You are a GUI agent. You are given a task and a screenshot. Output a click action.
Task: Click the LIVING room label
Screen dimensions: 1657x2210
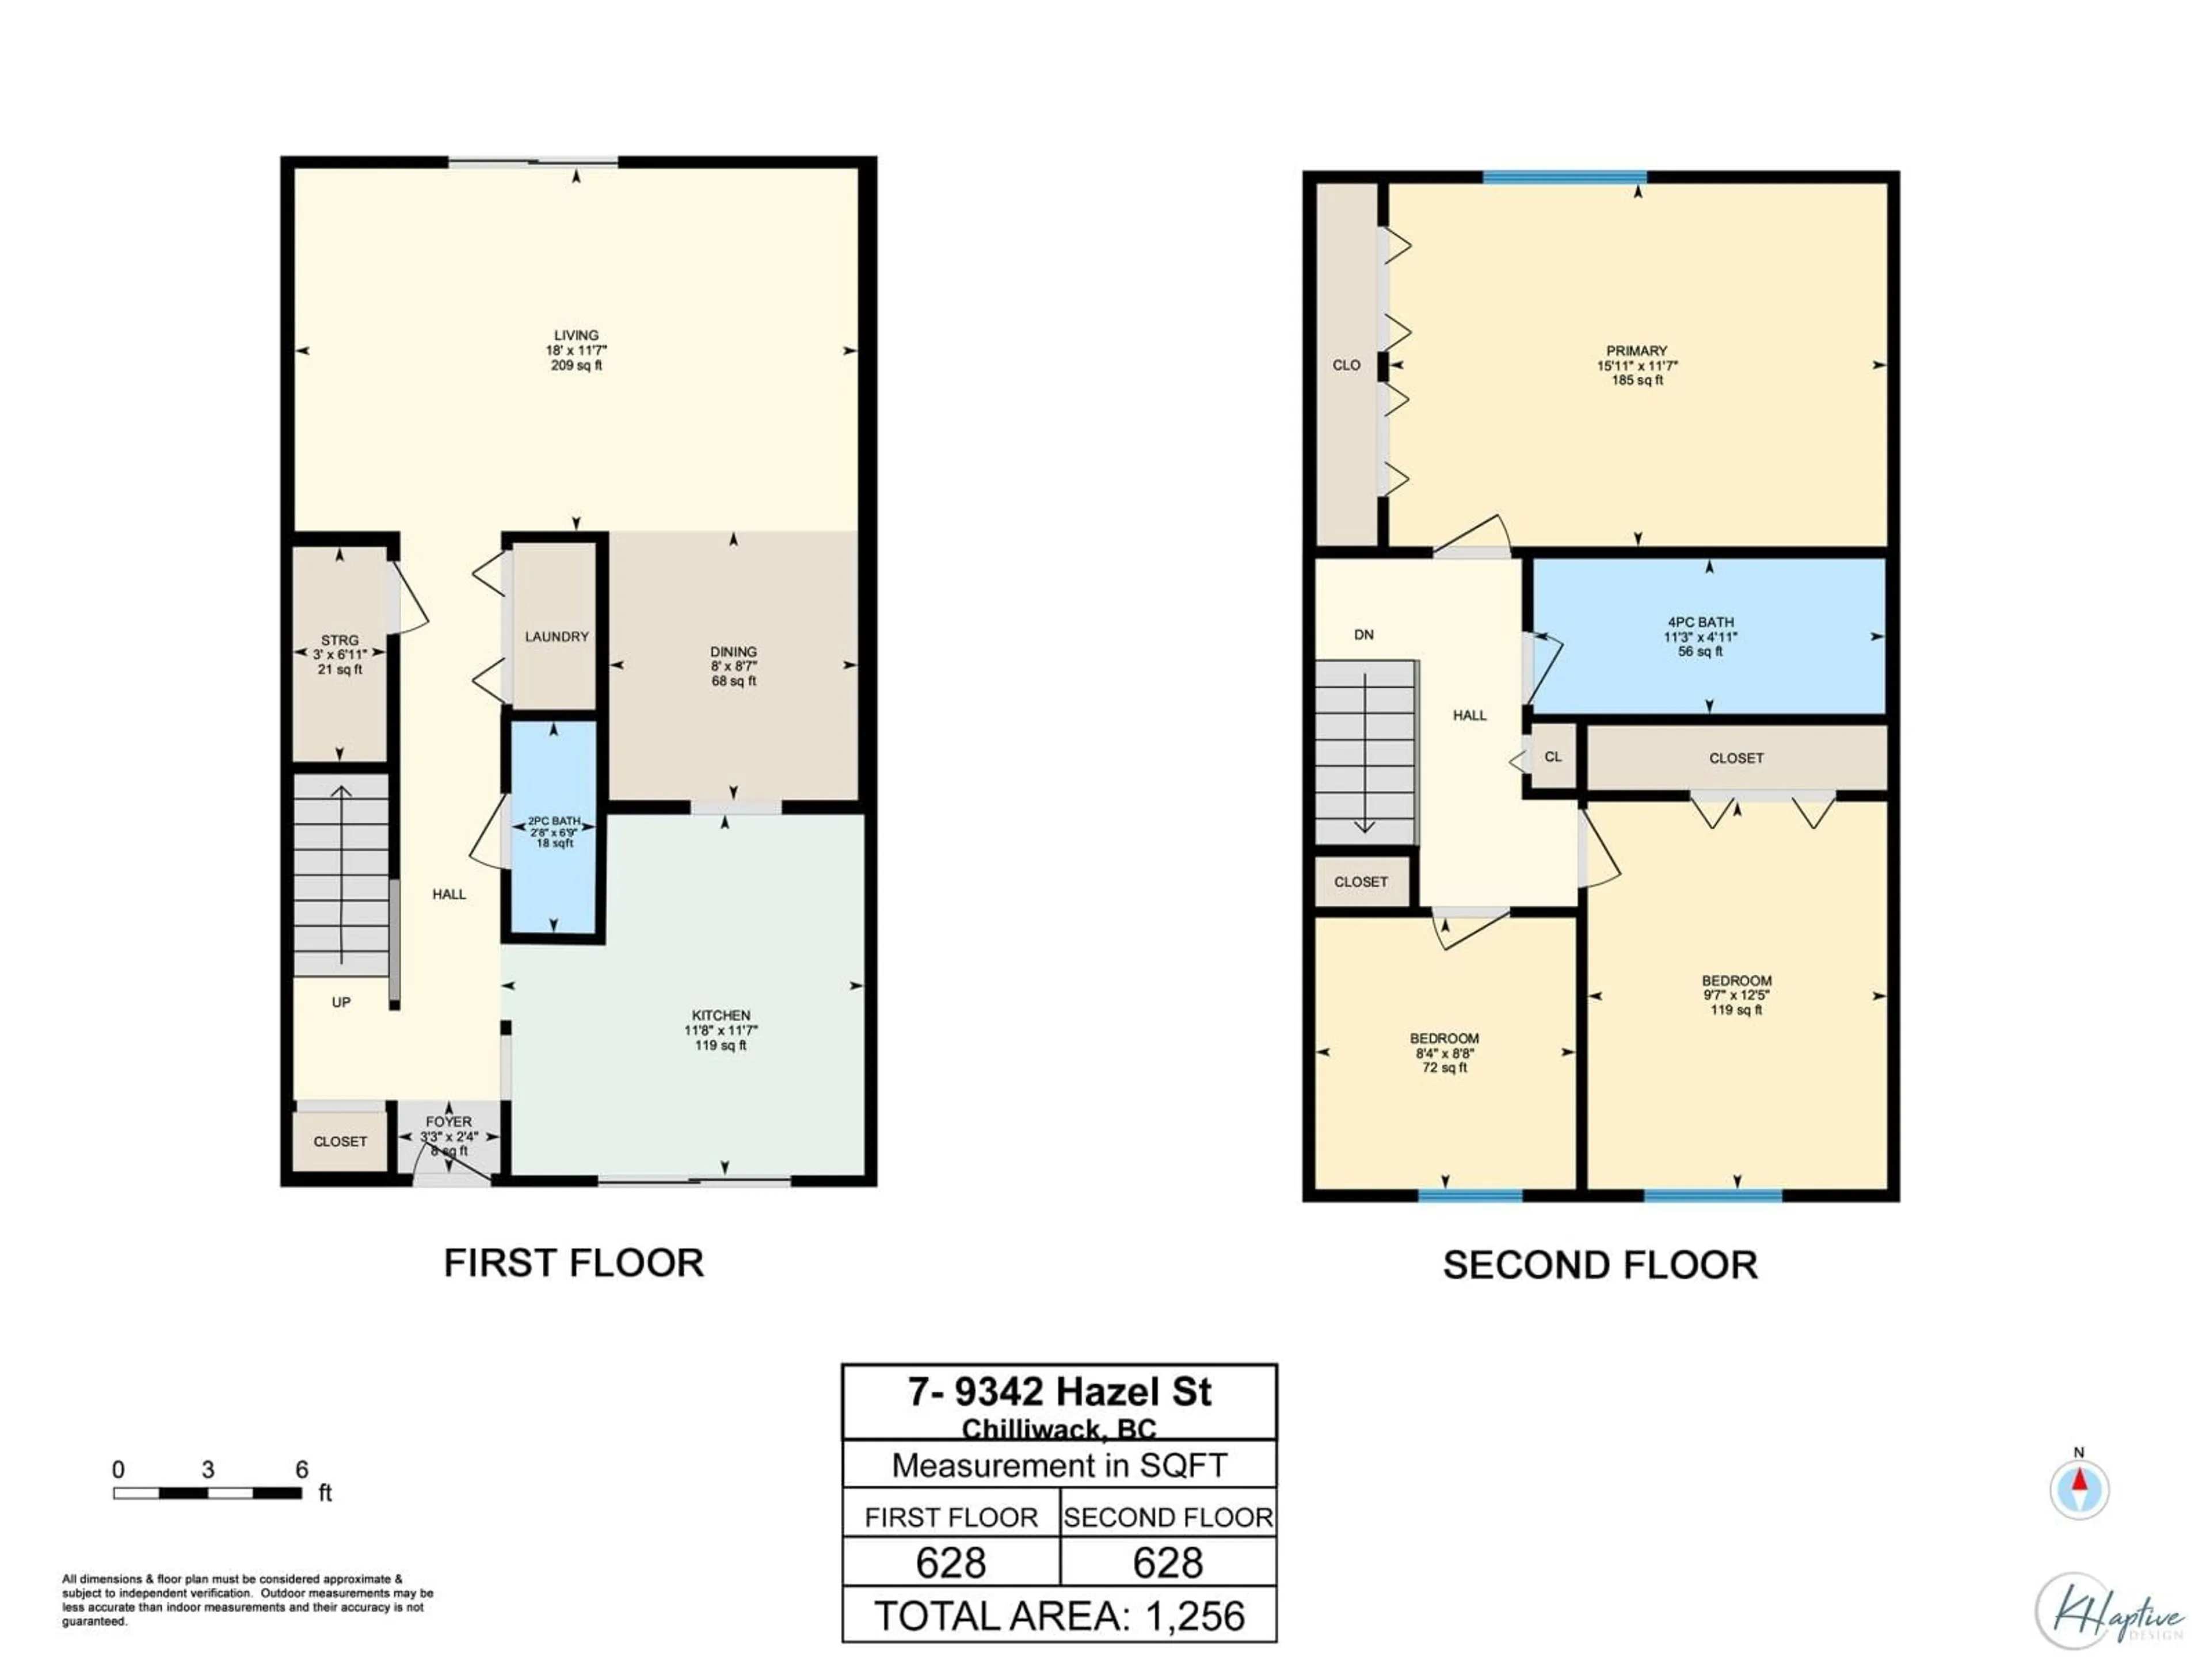pos(577,335)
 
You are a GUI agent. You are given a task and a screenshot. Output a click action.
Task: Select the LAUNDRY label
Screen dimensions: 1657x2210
pos(557,636)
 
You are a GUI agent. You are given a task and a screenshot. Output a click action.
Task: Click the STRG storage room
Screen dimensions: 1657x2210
pos(340,654)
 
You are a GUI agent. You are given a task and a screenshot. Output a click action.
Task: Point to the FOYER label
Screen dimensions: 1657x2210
pos(448,1122)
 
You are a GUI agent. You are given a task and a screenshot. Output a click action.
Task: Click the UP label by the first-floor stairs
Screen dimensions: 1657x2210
pos(341,1002)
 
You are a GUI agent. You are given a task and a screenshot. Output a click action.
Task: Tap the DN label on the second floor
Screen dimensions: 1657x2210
pos(1364,634)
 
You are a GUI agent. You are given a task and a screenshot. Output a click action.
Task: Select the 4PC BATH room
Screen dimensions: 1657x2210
pos(1701,636)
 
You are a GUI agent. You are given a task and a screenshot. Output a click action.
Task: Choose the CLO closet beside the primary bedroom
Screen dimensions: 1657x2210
pos(1346,365)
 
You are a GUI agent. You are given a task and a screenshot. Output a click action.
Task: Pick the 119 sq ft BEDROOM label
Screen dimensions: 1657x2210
pos(1736,981)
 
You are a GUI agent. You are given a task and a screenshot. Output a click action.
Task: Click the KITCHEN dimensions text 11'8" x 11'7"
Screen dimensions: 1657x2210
pos(721,1030)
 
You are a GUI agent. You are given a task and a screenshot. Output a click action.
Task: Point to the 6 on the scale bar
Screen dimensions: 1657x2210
pos(302,1469)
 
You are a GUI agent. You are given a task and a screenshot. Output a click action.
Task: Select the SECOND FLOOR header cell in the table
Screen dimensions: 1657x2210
pos(1168,1517)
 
